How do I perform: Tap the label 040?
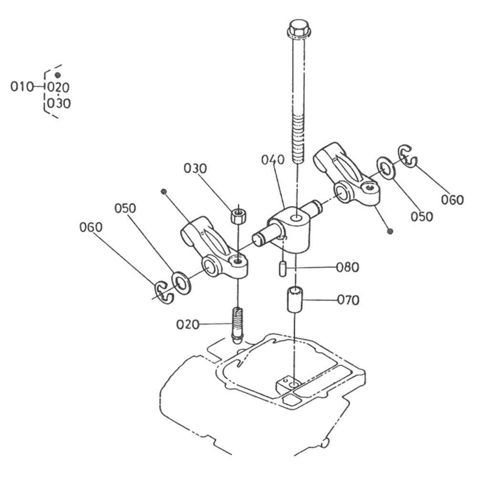click(273, 160)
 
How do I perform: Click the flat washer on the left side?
click(181, 283)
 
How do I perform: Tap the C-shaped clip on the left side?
click(164, 293)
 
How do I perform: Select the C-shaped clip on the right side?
click(408, 156)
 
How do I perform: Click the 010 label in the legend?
click(21, 87)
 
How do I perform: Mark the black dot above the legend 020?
click(58, 75)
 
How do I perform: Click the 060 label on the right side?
click(452, 200)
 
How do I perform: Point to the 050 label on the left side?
click(125, 208)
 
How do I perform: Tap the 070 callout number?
click(348, 300)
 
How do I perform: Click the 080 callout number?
click(347, 268)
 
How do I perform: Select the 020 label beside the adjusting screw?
click(187, 324)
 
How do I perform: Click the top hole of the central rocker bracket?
click(296, 218)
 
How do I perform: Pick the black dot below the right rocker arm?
click(390, 231)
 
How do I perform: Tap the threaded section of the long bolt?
click(298, 138)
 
